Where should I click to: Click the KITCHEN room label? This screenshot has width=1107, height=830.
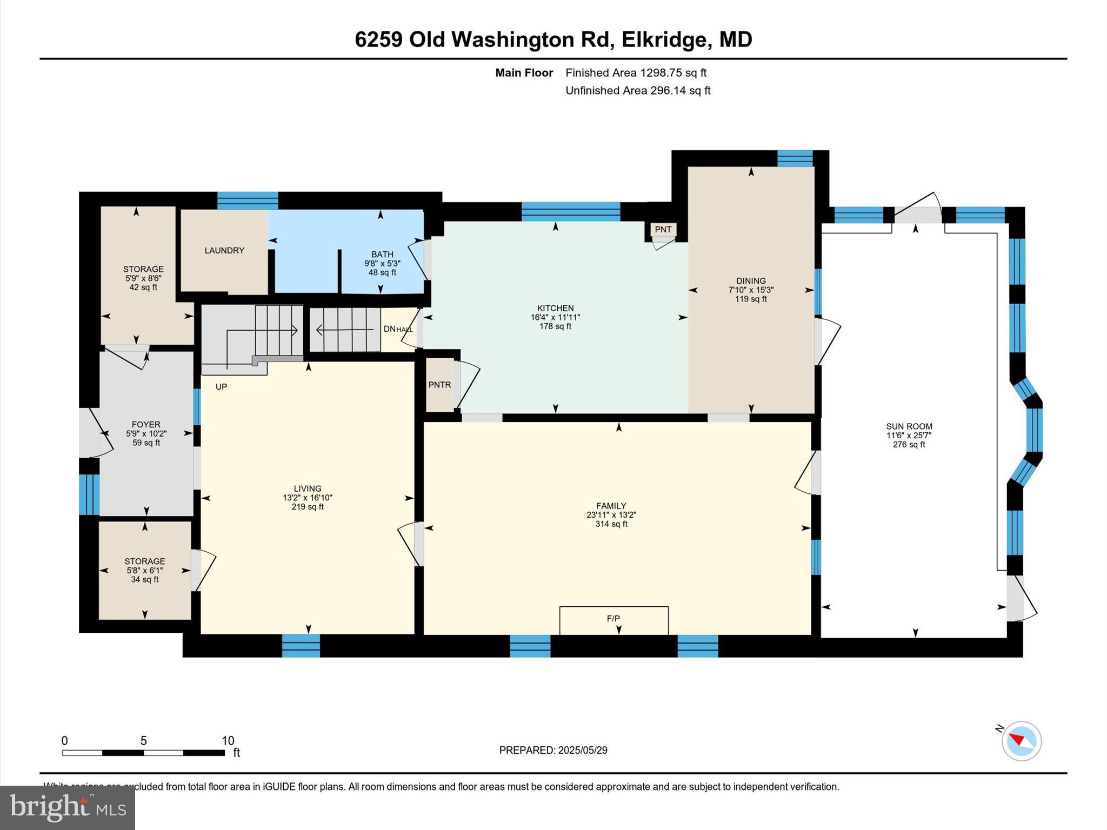[x=555, y=308]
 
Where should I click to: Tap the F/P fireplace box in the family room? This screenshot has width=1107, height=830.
[x=613, y=620]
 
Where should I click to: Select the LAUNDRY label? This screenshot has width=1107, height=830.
[x=224, y=250]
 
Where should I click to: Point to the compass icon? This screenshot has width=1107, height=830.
[x=1021, y=741]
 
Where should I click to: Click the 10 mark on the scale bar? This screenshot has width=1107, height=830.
[x=228, y=740]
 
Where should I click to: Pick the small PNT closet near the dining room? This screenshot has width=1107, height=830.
[x=663, y=230]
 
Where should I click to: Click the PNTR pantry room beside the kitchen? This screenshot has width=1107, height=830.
[x=439, y=385]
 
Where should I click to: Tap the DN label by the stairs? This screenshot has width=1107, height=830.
[x=389, y=329]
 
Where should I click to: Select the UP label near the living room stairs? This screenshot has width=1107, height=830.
[x=221, y=387]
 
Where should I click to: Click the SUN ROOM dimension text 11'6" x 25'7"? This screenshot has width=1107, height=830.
[x=909, y=436]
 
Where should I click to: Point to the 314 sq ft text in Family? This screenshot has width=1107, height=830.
[x=611, y=524]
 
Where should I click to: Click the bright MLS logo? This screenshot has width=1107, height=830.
[x=67, y=807]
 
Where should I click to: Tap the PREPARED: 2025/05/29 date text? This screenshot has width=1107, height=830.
[x=553, y=750]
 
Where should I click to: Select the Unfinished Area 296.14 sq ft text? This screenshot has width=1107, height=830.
[x=638, y=90]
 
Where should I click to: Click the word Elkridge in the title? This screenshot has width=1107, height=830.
[x=664, y=39]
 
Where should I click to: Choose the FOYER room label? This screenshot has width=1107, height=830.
[x=146, y=425]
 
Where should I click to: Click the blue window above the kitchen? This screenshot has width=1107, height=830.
[x=570, y=211]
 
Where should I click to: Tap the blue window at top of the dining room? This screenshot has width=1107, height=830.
[x=795, y=158]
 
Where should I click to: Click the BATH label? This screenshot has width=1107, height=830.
[x=382, y=254]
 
